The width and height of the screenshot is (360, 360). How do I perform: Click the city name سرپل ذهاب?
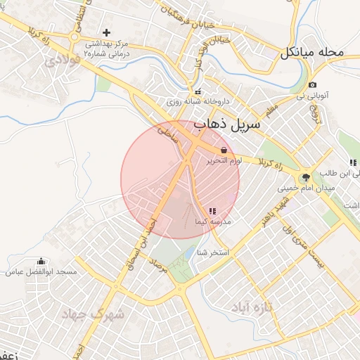226,125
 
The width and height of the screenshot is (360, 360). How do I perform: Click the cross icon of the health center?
106,32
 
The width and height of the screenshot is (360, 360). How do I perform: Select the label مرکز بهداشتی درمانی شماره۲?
106,49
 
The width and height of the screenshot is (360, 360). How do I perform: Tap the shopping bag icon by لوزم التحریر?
224,150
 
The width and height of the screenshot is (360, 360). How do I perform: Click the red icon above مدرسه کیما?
212,211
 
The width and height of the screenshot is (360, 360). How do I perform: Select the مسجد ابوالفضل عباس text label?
41,271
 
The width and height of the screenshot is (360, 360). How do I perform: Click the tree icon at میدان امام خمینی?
304,177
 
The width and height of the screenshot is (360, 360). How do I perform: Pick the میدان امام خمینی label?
304,188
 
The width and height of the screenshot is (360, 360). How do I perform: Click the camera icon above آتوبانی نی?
312,85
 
